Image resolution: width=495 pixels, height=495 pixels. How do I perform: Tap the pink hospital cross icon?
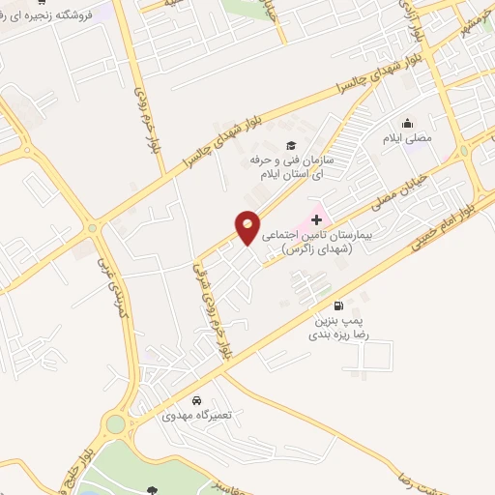point(317,220)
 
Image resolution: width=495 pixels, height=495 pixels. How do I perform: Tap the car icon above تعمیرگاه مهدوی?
point(196,400)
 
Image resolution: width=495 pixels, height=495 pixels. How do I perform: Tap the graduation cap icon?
point(292,144)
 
